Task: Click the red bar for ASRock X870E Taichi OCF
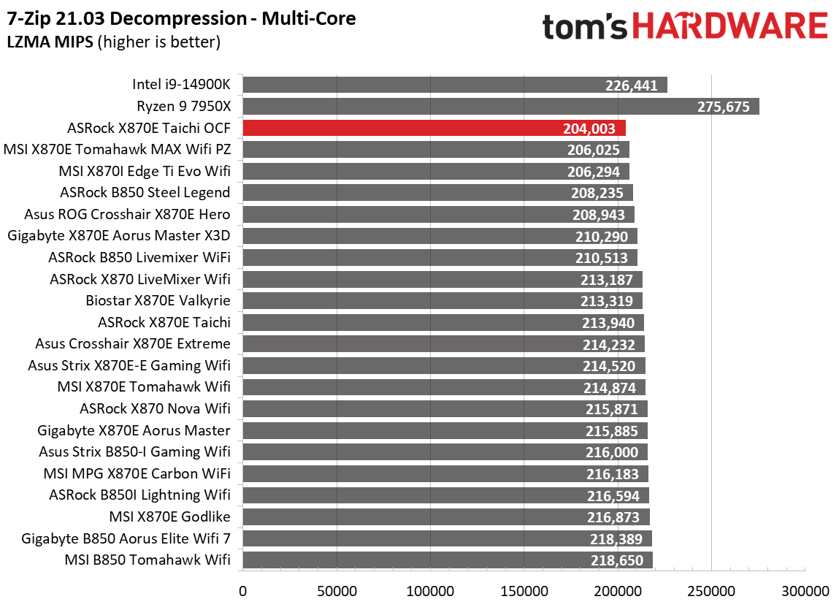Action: (x=434, y=129)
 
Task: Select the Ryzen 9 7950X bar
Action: (x=500, y=107)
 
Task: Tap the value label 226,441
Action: (x=632, y=85)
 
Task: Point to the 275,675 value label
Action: (x=723, y=107)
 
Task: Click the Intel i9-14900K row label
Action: (x=181, y=85)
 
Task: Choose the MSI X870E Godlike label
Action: (x=169, y=517)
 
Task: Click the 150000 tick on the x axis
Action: (x=524, y=590)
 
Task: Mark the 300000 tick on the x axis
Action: (x=805, y=590)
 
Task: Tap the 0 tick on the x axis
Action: (x=242, y=590)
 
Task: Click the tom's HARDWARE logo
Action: (x=685, y=27)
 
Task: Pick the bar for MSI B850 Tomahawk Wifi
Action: (x=447, y=560)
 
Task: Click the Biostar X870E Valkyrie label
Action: (x=158, y=301)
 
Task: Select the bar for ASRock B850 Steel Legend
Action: (x=437, y=193)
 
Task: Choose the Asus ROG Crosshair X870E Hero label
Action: (x=127, y=215)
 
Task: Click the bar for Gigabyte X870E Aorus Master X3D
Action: (x=440, y=236)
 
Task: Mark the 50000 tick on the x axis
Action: (x=336, y=590)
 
